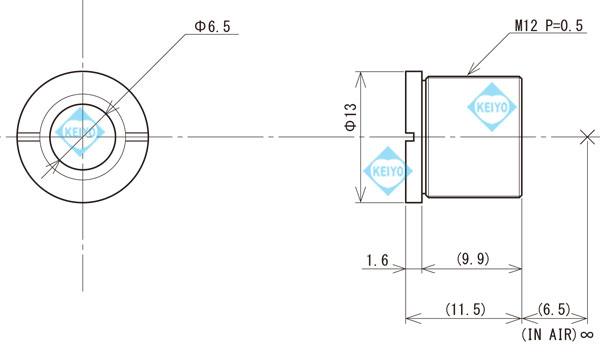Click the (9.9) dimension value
tap(471, 260)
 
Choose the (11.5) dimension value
tap(464, 310)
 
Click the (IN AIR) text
tap(549, 333)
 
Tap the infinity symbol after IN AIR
tap(587, 333)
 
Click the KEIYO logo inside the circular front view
tap(79, 132)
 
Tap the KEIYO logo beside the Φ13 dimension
tap(385, 171)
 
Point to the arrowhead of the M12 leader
tap(468, 73)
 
